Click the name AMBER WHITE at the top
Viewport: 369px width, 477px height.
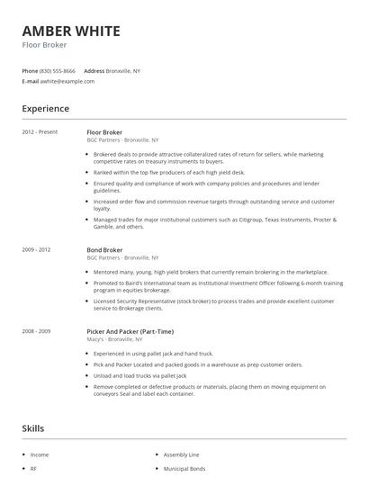70,31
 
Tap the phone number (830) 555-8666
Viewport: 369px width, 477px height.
58,70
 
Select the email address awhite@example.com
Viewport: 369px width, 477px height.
67,81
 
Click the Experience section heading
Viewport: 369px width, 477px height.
45,109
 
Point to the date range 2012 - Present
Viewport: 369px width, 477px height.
40,132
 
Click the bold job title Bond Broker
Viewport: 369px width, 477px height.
104,250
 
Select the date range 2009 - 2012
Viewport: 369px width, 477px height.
36,250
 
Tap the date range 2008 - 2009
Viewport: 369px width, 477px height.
36,331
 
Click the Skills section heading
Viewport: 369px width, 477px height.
34,428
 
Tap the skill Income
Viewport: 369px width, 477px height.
40,455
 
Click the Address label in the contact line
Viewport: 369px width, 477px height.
94,70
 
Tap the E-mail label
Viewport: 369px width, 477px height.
30,81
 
